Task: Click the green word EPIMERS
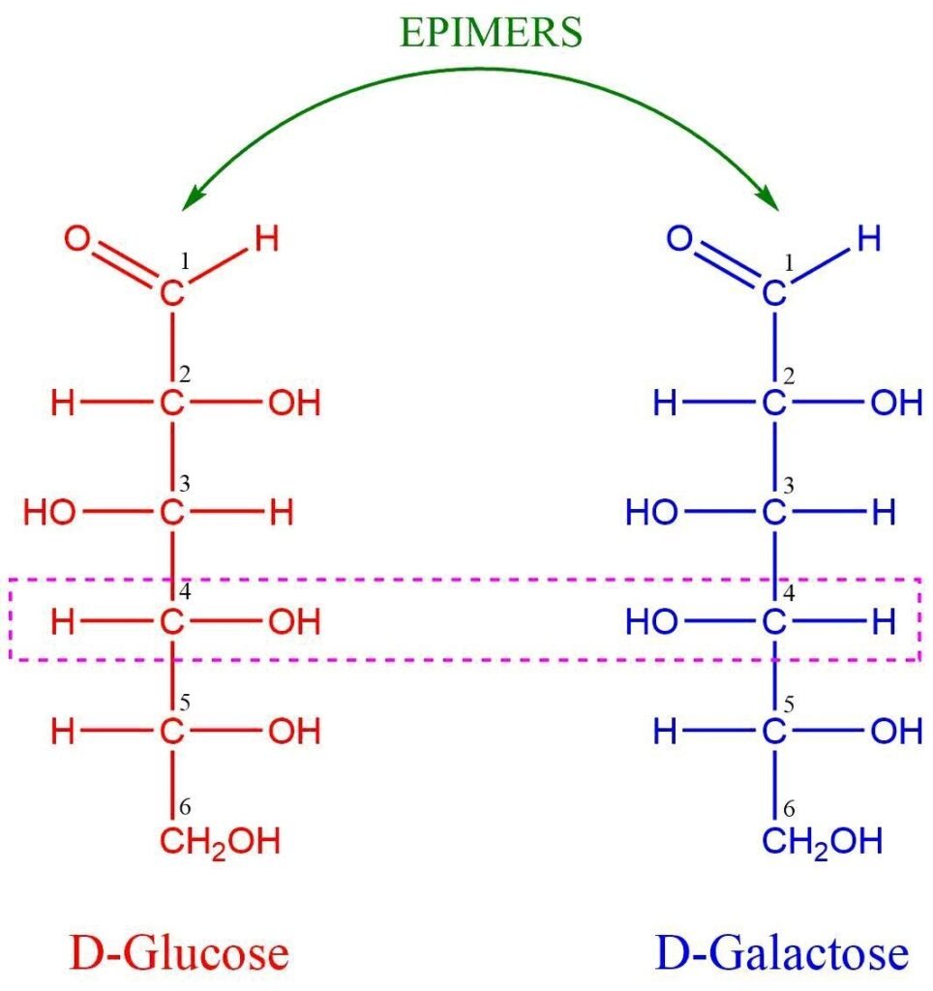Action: point(491,32)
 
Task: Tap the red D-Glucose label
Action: point(179,953)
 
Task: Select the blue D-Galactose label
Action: point(783,953)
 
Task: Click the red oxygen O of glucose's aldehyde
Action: point(77,239)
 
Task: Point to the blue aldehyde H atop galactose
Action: point(869,239)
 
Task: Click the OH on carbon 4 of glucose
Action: point(294,622)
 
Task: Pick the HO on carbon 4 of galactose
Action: point(651,622)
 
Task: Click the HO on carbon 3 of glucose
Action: point(49,513)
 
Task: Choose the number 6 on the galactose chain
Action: point(789,809)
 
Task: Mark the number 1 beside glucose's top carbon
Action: point(185,261)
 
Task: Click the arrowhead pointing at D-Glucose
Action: point(192,197)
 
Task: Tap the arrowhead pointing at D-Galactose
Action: point(769,197)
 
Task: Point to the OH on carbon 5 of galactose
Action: point(897,732)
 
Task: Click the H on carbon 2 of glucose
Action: point(63,404)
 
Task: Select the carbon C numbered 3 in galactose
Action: point(774,513)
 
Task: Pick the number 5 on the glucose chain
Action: point(185,703)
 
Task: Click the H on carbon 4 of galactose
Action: point(884,622)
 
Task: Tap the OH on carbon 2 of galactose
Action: point(897,404)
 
